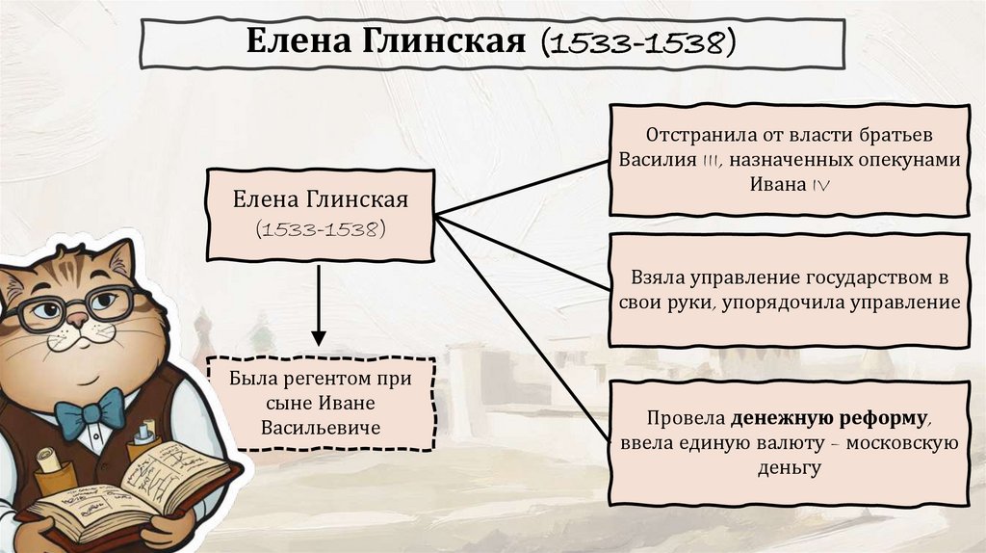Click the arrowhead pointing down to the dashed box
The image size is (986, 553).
click(x=319, y=338)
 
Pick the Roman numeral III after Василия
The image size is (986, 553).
click(x=707, y=160)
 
